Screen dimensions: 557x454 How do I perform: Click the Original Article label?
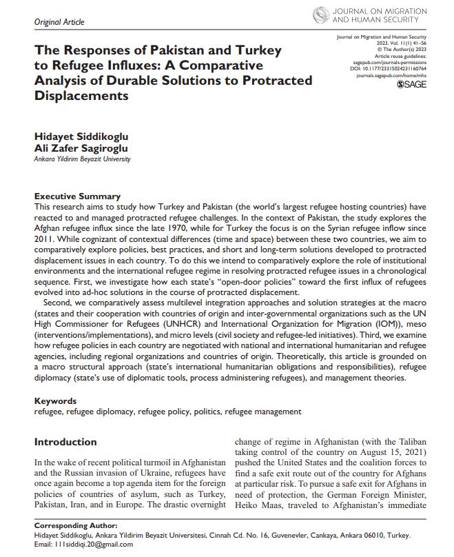59,22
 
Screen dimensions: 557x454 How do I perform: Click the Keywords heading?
55,401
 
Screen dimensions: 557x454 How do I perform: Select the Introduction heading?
65,442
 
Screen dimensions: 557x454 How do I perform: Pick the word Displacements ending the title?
81,96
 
